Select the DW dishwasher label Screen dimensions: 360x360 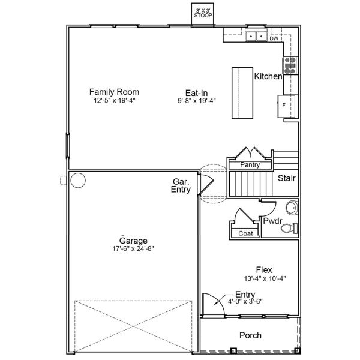click(274, 38)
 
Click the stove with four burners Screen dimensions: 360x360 click(290, 65)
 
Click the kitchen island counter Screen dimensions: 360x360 click(242, 92)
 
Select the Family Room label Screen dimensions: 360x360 click(114, 92)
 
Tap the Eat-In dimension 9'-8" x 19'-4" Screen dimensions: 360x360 click(196, 100)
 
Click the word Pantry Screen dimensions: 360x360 click(249, 164)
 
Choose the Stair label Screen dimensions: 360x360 click(286, 178)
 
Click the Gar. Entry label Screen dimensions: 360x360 click(181, 185)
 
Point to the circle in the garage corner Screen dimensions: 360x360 click(78, 179)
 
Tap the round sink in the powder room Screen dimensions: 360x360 click(290, 208)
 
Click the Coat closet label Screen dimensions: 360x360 click(245, 233)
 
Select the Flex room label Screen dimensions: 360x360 click(264, 269)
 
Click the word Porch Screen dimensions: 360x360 click(250, 335)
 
